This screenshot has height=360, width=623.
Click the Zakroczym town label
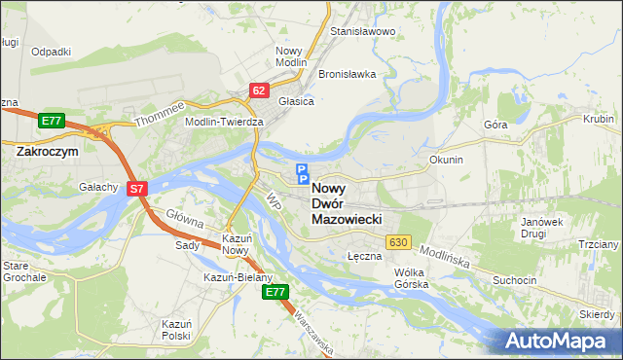pos(47,152)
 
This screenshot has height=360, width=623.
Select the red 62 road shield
pos(258,90)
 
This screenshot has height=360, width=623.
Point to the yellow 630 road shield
pos(396,241)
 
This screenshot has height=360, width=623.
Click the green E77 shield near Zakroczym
pos(52,121)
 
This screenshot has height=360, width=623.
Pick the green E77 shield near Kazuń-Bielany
pos(276,291)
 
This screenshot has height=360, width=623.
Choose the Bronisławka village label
pos(348,74)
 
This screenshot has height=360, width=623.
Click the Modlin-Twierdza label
pos(224,122)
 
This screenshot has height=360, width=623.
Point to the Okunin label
pos(446,159)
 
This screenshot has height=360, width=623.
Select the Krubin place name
pos(598,119)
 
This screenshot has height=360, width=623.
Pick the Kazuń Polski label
pos(177,328)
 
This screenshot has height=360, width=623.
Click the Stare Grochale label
pos(23,270)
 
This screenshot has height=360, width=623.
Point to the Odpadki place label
pos(51,52)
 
